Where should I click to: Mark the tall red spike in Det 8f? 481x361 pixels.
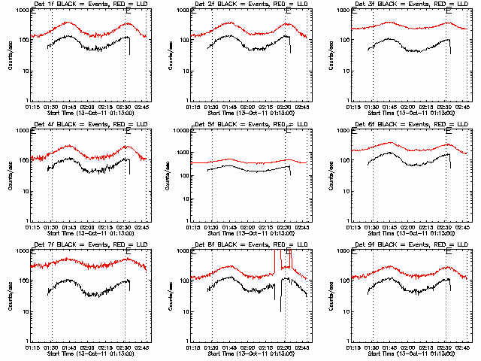click(280, 259)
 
